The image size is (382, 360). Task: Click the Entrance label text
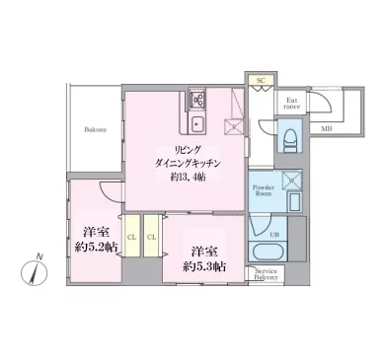coord(293,102)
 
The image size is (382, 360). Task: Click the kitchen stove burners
coord(197,99)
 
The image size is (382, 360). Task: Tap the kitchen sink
coord(197,123)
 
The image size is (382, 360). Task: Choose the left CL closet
coord(131,237)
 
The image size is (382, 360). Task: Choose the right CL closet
coord(151,237)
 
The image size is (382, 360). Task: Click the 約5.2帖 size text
coord(95,249)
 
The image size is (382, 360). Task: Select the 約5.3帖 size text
coord(204,266)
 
